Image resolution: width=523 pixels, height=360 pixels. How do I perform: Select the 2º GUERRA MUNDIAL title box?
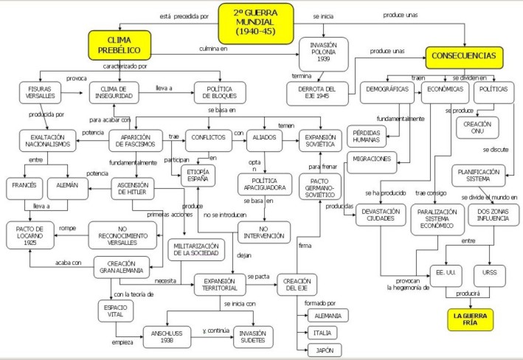point(255,22)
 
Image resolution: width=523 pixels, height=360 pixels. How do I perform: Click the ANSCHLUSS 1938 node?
point(168,336)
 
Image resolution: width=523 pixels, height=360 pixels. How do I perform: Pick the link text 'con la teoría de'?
point(134,293)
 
